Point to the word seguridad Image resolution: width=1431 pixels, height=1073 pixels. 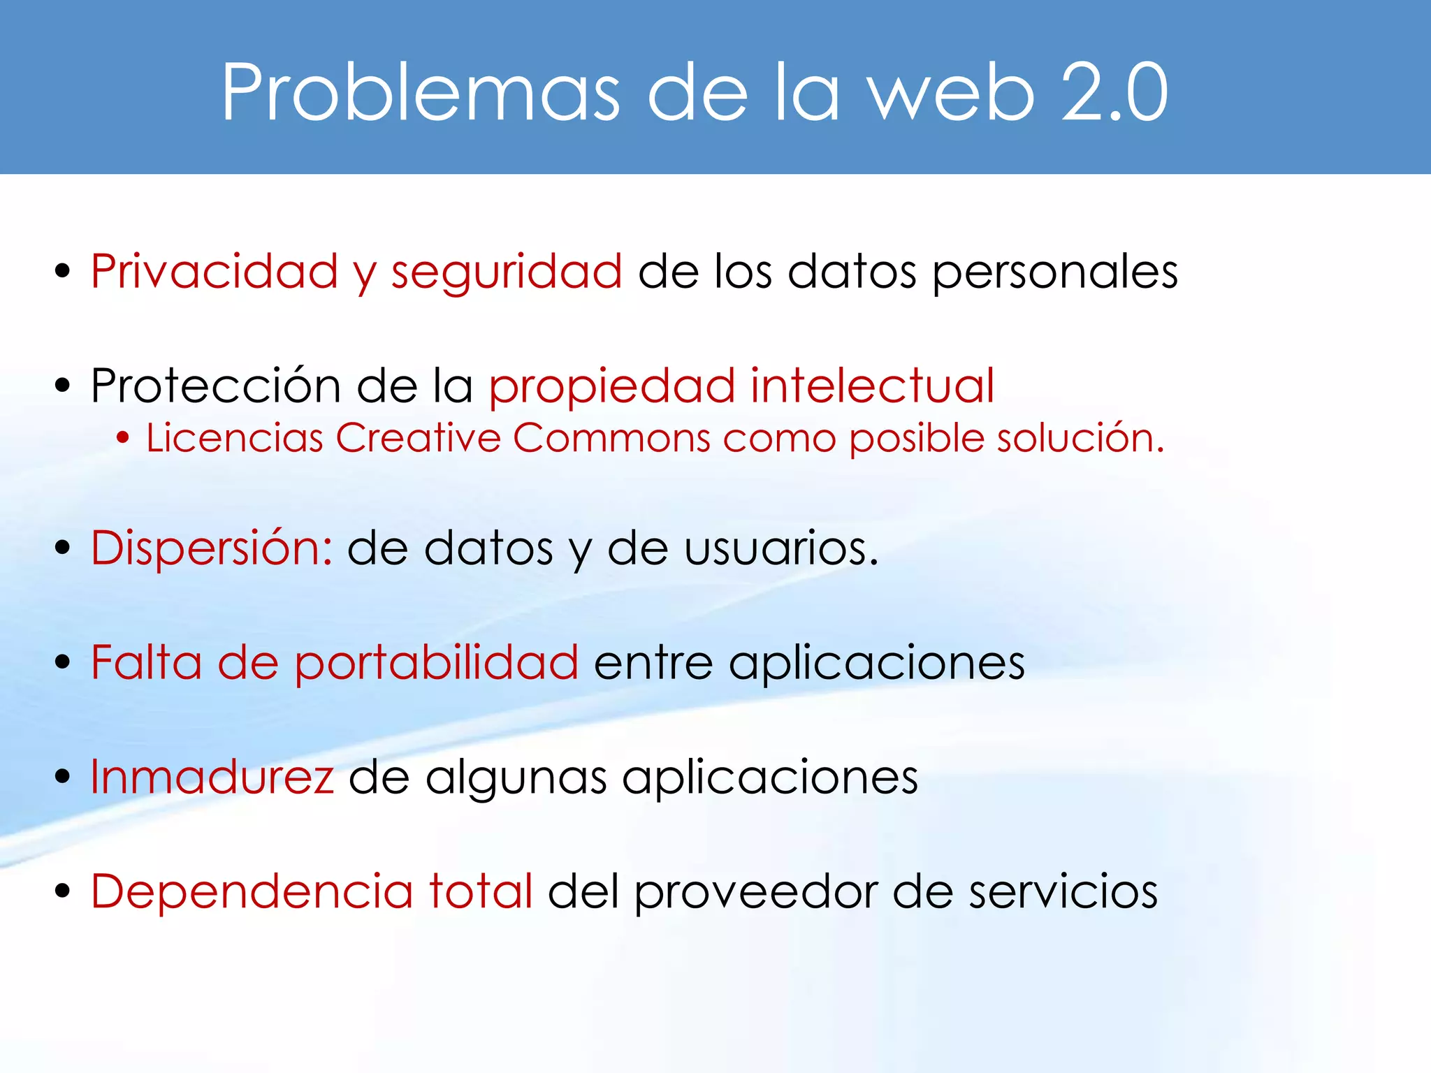tap(507, 272)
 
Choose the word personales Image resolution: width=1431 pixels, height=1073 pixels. tap(1055, 272)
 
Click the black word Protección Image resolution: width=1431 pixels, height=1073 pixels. tap(216, 386)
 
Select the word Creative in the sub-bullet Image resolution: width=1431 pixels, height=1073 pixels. tap(418, 438)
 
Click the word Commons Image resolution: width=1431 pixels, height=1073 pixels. tap(611, 438)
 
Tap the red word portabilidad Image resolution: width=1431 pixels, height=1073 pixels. tap(436, 662)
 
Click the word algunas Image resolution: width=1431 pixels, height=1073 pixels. tap(516, 778)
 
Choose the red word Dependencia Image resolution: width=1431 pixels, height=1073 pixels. tap(252, 891)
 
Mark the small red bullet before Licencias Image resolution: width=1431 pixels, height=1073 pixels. tap(123, 438)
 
